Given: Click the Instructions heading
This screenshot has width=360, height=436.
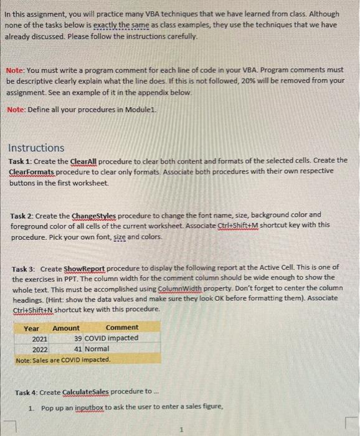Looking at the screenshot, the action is click(x=36, y=148).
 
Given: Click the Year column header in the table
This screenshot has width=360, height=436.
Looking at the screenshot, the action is click(x=31, y=328).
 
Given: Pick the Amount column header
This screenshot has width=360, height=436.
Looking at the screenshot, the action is click(x=66, y=328).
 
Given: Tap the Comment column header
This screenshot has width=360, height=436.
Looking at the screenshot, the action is click(x=122, y=328).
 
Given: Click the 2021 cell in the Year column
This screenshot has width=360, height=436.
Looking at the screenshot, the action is click(x=40, y=338).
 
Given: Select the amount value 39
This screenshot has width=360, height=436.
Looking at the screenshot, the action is click(x=78, y=338).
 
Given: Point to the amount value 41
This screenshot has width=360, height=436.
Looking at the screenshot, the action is click(x=78, y=349).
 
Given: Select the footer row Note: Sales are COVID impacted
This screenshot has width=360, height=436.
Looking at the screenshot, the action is click(x=63, y=360).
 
